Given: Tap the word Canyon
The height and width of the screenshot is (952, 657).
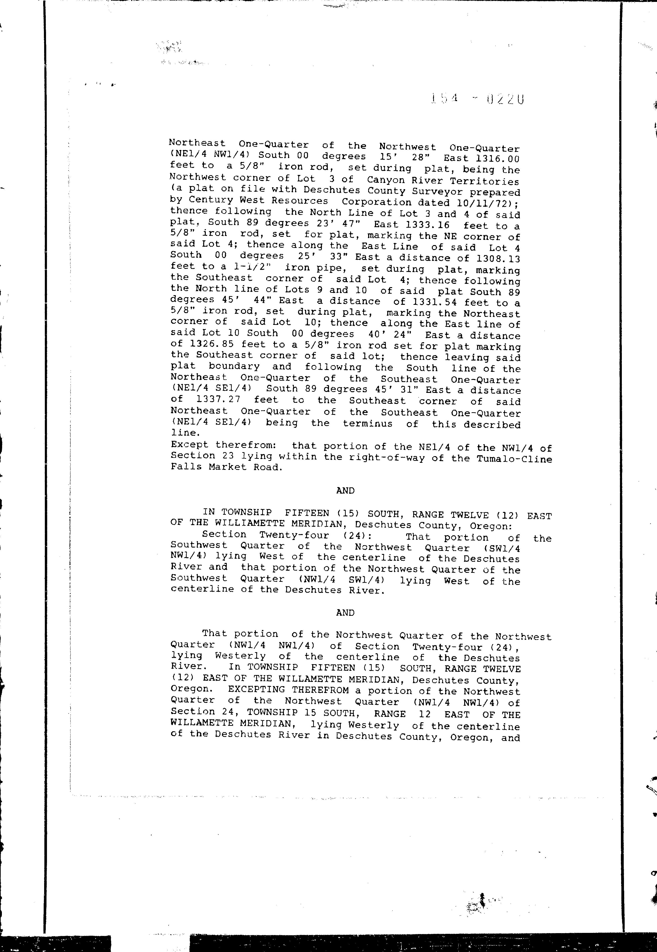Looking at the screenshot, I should [x=386, y=180].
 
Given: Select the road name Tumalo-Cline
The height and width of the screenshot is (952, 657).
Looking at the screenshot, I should [x=514, y=459].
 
